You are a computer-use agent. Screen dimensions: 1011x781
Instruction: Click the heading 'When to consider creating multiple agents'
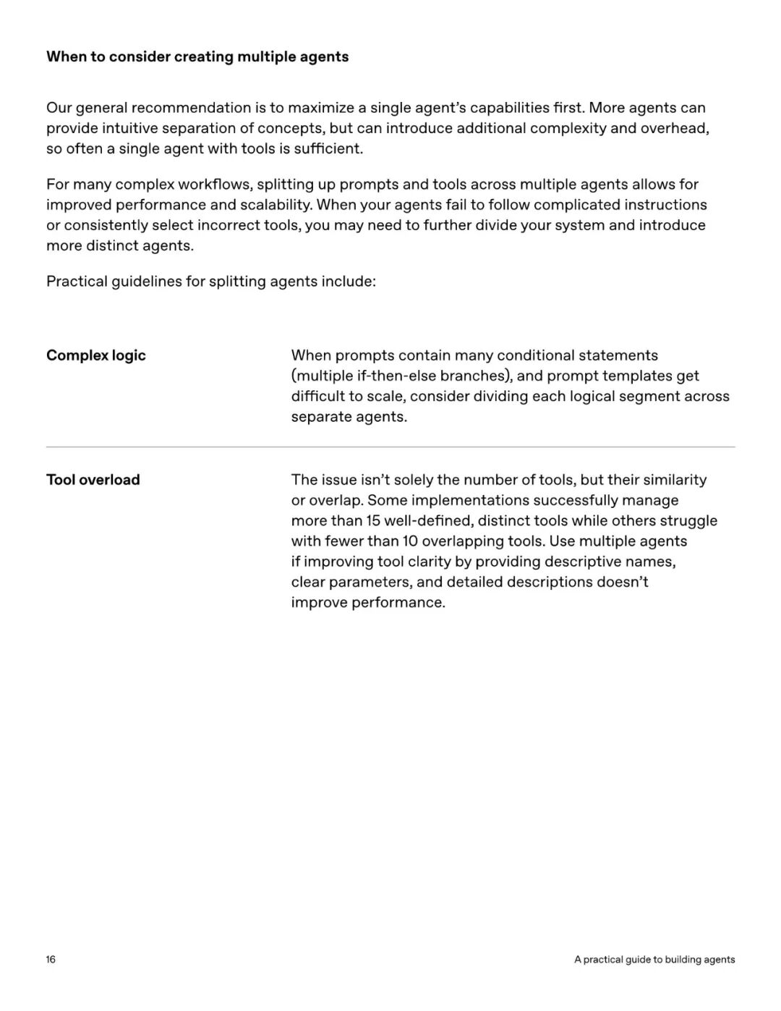pos(197,56)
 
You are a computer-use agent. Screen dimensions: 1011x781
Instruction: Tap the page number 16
pos(51,960)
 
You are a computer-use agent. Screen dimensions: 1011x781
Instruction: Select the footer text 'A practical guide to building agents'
pos(654,960)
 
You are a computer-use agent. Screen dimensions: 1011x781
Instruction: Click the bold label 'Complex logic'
pos(96,355)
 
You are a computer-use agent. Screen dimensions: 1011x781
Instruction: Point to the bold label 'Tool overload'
pos(93,480)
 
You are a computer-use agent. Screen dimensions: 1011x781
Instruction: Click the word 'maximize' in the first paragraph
pos(320,108)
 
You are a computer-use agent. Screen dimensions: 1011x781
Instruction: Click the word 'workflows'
pos(214,185)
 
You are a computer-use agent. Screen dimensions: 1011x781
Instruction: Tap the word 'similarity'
pos(675,480)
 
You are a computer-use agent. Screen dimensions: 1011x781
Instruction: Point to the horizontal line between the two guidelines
pos(390,447)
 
